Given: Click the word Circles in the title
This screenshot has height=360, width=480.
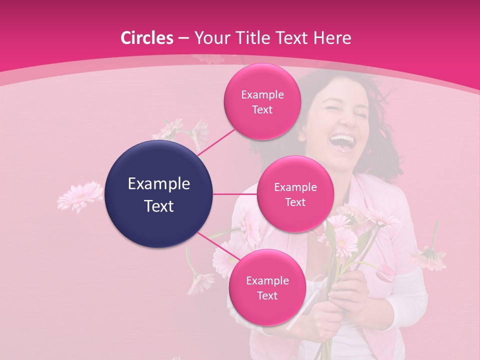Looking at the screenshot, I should [x=146, y=38].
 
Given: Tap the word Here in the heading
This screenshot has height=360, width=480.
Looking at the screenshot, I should [x=332, y=38].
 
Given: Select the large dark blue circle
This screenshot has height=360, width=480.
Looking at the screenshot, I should [x=159, y=194].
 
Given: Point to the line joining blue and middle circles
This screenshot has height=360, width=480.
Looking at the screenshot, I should [x=235, y=194].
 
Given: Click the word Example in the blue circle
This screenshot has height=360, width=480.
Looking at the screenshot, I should [x=159, y=184].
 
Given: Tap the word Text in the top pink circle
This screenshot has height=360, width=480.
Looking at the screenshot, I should [x=262, y=110].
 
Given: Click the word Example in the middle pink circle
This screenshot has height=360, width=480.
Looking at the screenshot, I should [x=295, y=187].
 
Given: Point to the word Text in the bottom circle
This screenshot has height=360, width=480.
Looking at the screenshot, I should [x=267, y=295].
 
